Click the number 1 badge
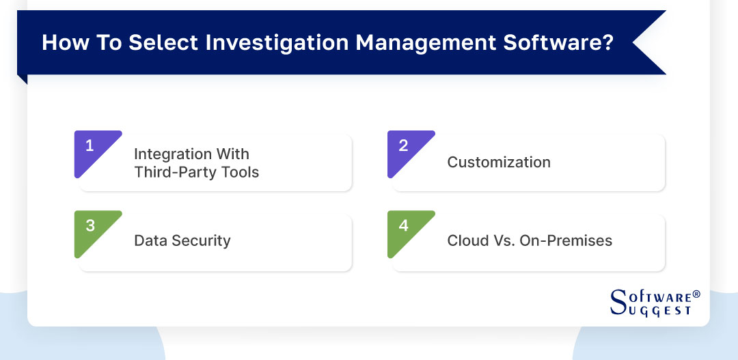pos(90,146)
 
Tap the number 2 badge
pos(403,146)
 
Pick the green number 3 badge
pos(90,226)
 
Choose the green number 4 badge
pos(403,226)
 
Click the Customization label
pos(499,163)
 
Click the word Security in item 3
pos(199,240)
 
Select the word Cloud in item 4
pos(467,240)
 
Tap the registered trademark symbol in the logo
pos(696,294)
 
